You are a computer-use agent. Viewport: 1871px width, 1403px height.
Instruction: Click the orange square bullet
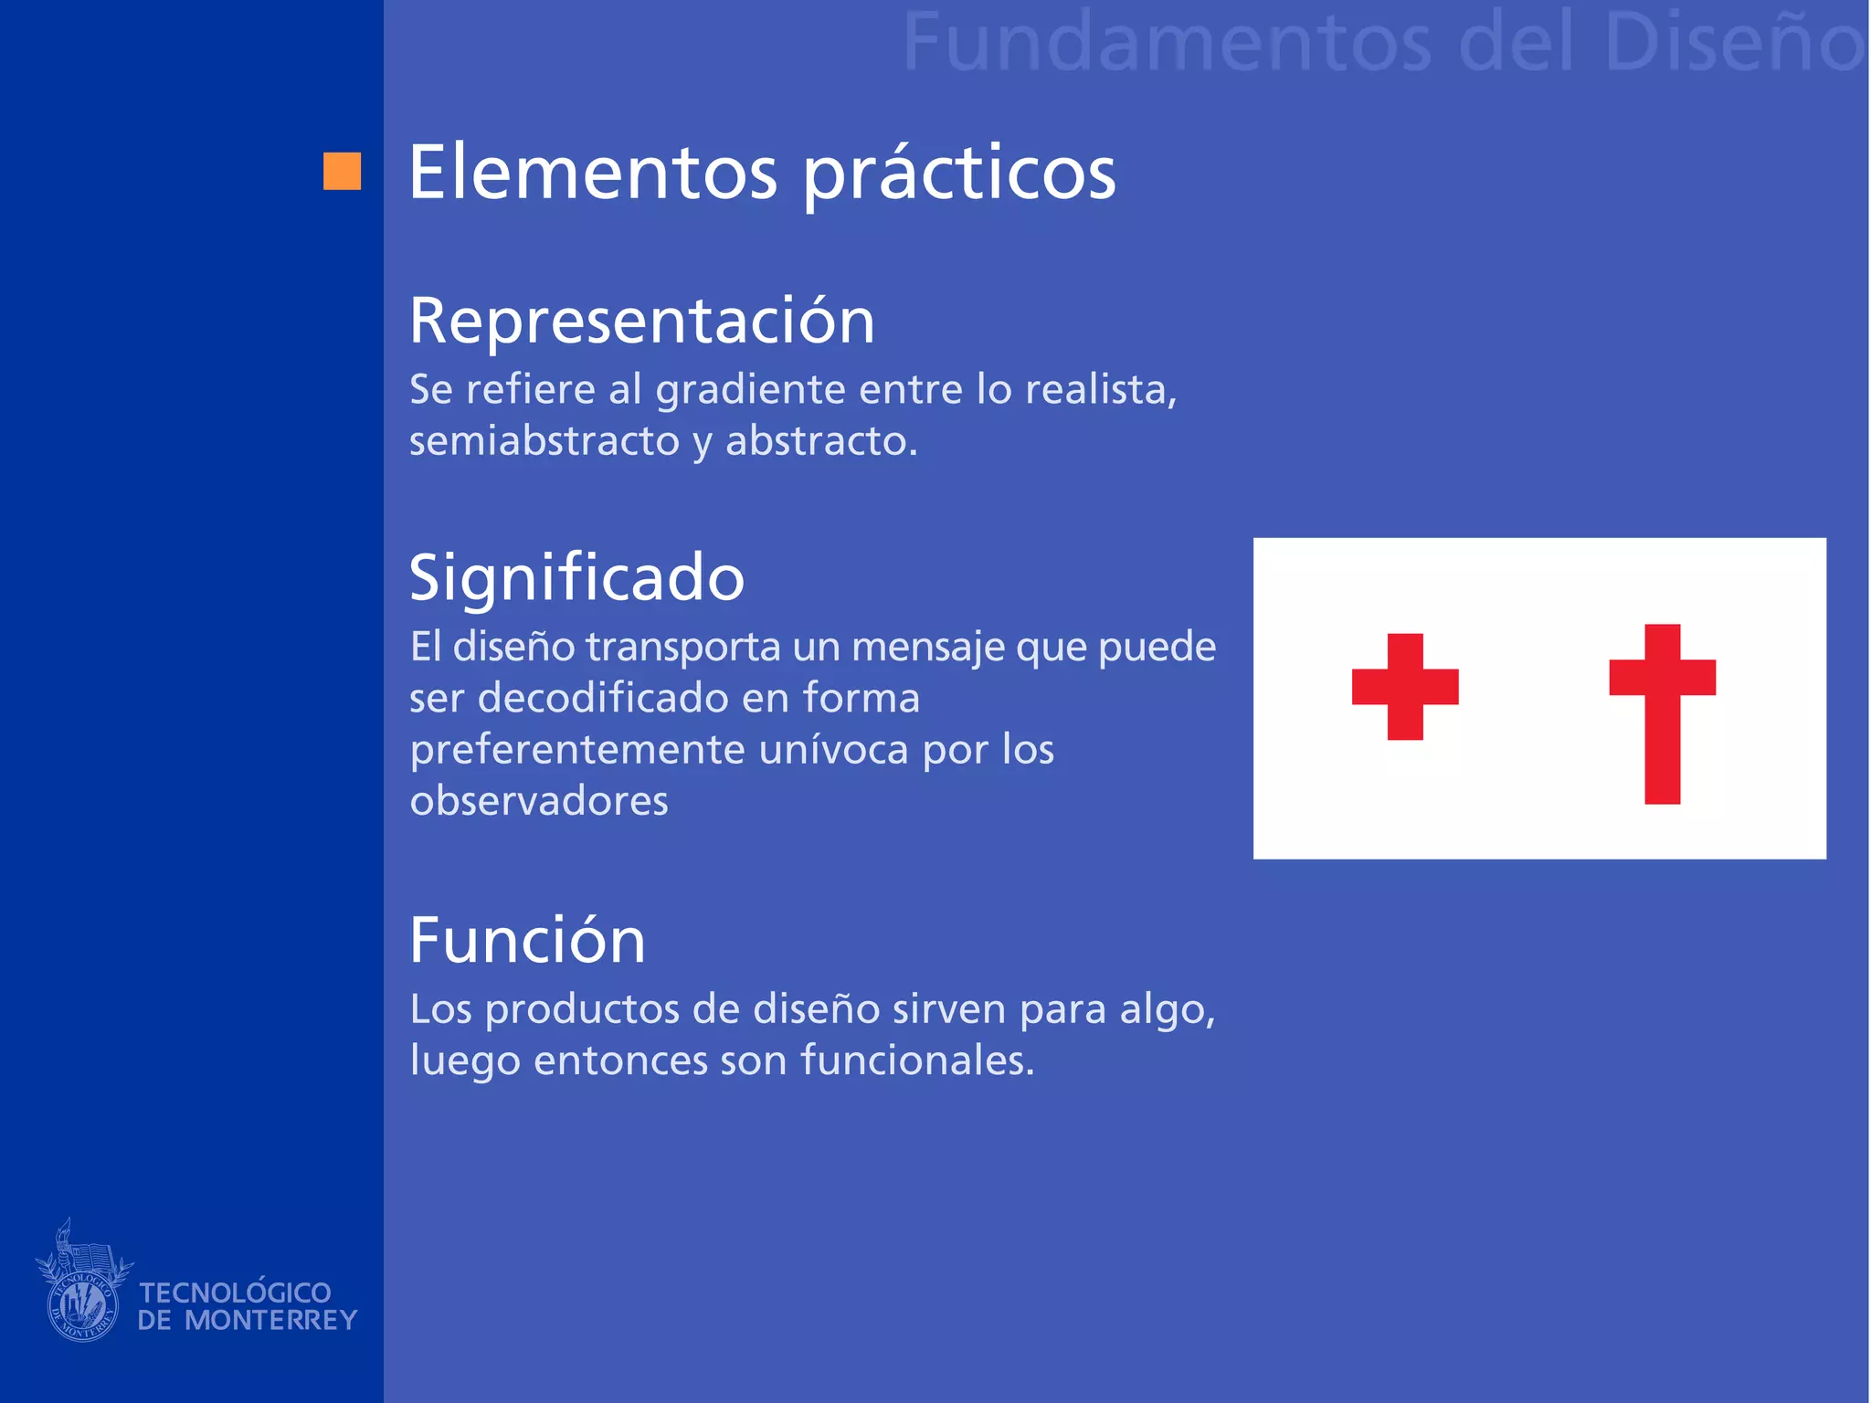pos(342,171)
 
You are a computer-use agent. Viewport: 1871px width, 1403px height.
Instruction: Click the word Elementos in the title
pos(592,173)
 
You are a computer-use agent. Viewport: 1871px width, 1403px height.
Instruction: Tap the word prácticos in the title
pos(959,175)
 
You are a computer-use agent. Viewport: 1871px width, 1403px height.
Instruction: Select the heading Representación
pos(641,322)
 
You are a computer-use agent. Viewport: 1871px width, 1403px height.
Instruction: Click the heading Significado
pos(576,578)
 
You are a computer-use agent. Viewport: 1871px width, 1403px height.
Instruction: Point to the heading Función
pos(527,941)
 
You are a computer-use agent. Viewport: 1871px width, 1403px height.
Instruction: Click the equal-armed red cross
pos(1405,686)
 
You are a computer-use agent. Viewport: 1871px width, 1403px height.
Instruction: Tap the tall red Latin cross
pos(1662,712)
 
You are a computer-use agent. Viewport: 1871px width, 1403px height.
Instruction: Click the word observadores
pos(539,802)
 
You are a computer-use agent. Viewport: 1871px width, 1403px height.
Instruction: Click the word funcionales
pos(916,1061)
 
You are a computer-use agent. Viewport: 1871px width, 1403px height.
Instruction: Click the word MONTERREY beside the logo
pos(270,1321)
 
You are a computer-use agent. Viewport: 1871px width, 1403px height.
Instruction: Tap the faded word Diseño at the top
pos(1731,43)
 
